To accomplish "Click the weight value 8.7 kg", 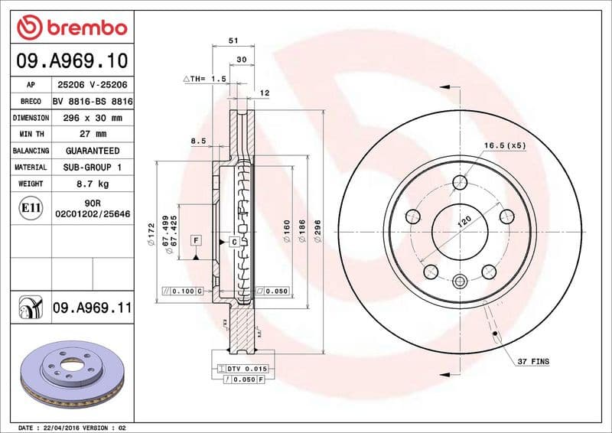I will (x=93, y=184).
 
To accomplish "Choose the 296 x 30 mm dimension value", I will (x=93, y=118).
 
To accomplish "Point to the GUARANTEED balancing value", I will (x=93, y=151).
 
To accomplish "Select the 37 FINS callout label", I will (x=533, y=360).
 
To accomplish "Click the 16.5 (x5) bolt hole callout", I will (x=505, y=145).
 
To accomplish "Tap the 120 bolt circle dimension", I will (x=464, y=222).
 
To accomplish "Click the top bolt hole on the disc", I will (x=460, y=183).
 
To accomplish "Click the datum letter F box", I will (x=196, y=241).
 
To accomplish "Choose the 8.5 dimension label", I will (x=197, y=141).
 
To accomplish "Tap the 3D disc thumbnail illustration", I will (x=67, y=374).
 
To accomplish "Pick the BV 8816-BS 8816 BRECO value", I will (x=93, y=102).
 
